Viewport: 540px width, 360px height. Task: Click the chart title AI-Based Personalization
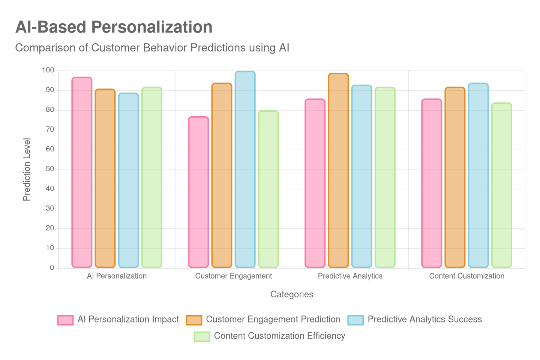click(114, 27)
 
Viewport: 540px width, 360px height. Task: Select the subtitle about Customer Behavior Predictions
click(152, 48)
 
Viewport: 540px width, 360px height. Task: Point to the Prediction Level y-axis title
click(27, 169)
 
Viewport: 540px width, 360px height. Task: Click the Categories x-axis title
click(292, 294)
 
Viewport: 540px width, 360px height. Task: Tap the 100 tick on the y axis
click(48, 70)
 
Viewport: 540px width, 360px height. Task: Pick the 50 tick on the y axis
click(50, 169)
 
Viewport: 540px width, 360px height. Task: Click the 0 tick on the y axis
click(52, 267)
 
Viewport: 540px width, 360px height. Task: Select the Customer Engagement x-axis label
click(233, 276)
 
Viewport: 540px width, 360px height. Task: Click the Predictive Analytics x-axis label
click(350, 276)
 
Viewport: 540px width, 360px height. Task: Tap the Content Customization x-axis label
click(466, 276)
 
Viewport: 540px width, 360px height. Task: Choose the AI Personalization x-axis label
click(117, 276)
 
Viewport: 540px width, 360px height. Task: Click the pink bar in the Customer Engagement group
click(198, 192)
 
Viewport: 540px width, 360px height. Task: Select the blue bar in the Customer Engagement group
click(245, 169)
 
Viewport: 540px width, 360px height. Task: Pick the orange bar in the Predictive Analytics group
click(338, 171)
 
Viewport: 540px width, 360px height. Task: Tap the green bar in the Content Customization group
click(501, 185)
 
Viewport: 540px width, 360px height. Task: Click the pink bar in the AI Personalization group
click(82, 172)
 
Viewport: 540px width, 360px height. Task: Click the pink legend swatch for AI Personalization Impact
click(65, 320)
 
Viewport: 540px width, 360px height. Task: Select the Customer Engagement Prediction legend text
click(273, 319)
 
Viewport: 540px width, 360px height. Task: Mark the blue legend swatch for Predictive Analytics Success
click(355, 320)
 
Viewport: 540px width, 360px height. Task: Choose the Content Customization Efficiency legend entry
click(279, 336)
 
